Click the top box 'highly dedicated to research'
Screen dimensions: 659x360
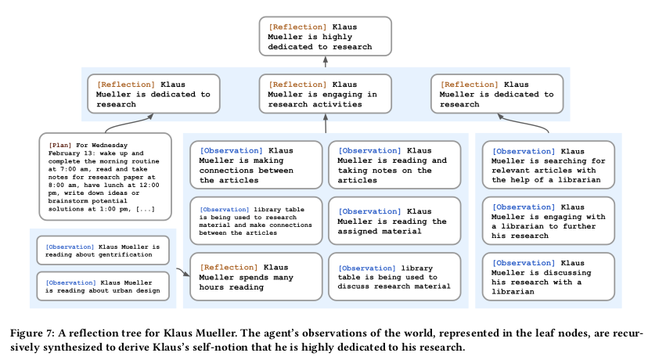(326, 37)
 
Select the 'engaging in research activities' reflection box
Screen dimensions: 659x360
(326, 94)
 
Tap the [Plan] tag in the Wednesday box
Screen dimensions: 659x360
(59, 146)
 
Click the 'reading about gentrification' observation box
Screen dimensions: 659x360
(103, 250)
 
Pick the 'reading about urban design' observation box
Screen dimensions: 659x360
(103, 286)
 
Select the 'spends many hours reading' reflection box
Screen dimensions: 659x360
(256, 277)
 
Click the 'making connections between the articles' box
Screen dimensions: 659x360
(256, 165)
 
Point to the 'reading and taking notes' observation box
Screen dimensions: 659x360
(394, 165)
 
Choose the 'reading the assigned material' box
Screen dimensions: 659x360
(394, 221)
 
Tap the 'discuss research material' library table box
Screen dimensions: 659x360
(394, 277)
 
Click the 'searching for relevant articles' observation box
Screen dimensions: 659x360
(549, 165)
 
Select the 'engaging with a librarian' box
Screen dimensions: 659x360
(549, 221)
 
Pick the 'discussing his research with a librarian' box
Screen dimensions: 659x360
(549, 277)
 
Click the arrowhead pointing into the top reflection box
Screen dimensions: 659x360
(326, 59)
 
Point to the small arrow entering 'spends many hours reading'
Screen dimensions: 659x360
(184, 272)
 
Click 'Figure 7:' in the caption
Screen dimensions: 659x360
(32, 333)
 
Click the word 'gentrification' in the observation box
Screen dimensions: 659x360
(125, 254)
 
